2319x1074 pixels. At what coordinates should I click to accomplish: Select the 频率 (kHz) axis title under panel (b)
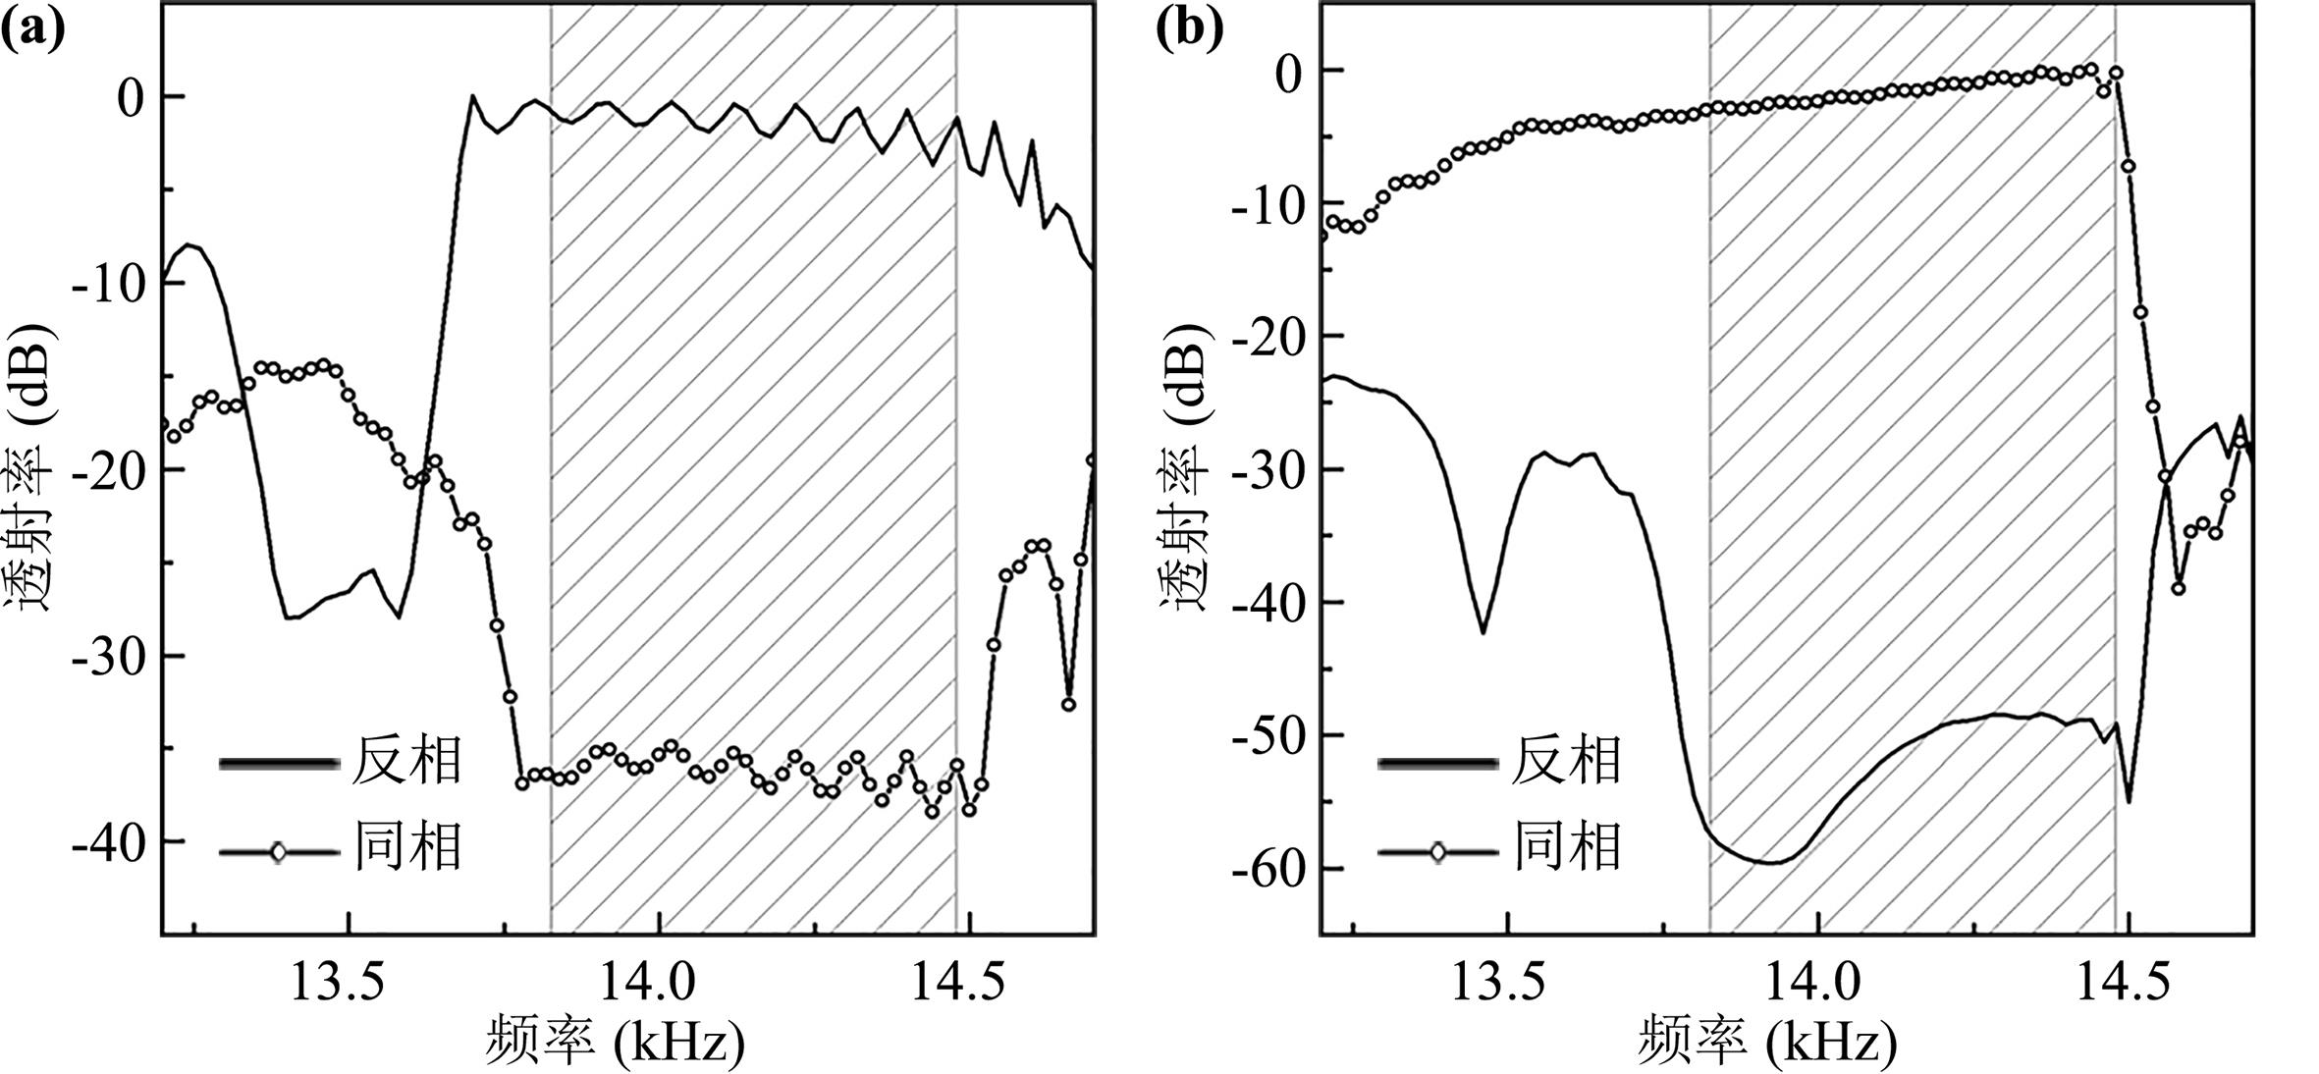(1767, 1043)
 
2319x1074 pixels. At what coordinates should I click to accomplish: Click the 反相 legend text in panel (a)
(406, 761)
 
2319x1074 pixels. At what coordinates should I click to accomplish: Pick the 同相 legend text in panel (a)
(406, 846)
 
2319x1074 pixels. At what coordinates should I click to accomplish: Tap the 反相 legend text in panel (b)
(1565, 761)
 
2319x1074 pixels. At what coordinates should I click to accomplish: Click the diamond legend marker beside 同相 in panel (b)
(1437, 852)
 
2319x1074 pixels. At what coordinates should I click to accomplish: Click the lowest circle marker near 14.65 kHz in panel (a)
(1068, 704)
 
